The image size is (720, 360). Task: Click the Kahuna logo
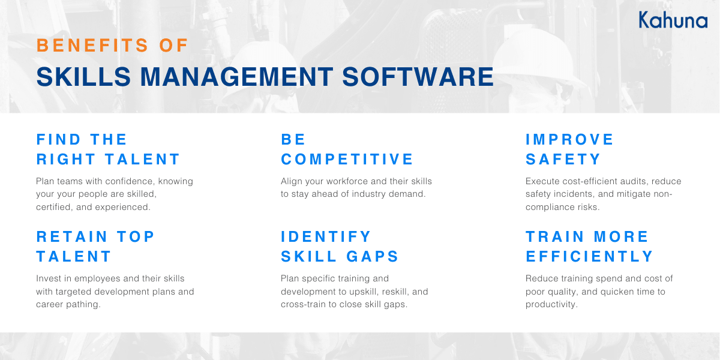pyautogui.click(x=673, y=20)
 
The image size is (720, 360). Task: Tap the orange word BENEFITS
pyautogui.click(x=92, y=46)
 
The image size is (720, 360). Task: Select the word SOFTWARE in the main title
pyautogui.click(x=418, y=77)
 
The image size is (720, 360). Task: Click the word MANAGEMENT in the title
pyautogui.click(x=237, y=77)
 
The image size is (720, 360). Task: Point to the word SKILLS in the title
pyautogui.click(x=83, y=77)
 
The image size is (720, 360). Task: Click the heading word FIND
pyautogui.click(x=59, y=139)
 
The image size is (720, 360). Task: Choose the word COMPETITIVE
pyautogui.click(x=347, y=160)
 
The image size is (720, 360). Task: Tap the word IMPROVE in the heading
pyautogui.click(x=569, y=139)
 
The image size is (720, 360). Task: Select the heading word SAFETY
pyautogui.click(x=563, y=160)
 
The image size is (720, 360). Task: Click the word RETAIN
pyautogui.click(x=72, y=237)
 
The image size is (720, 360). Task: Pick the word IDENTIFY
pyautogui.click(x=326, y=237)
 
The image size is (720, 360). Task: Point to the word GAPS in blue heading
pyautogui.click(x=372, y=257)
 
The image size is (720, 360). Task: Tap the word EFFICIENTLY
pyautogui.click(x=589, y=257)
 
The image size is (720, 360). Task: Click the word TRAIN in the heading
pyautogui.click(x=555, y=237)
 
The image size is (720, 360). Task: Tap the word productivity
pyautogui.click(x=551, y=304)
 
